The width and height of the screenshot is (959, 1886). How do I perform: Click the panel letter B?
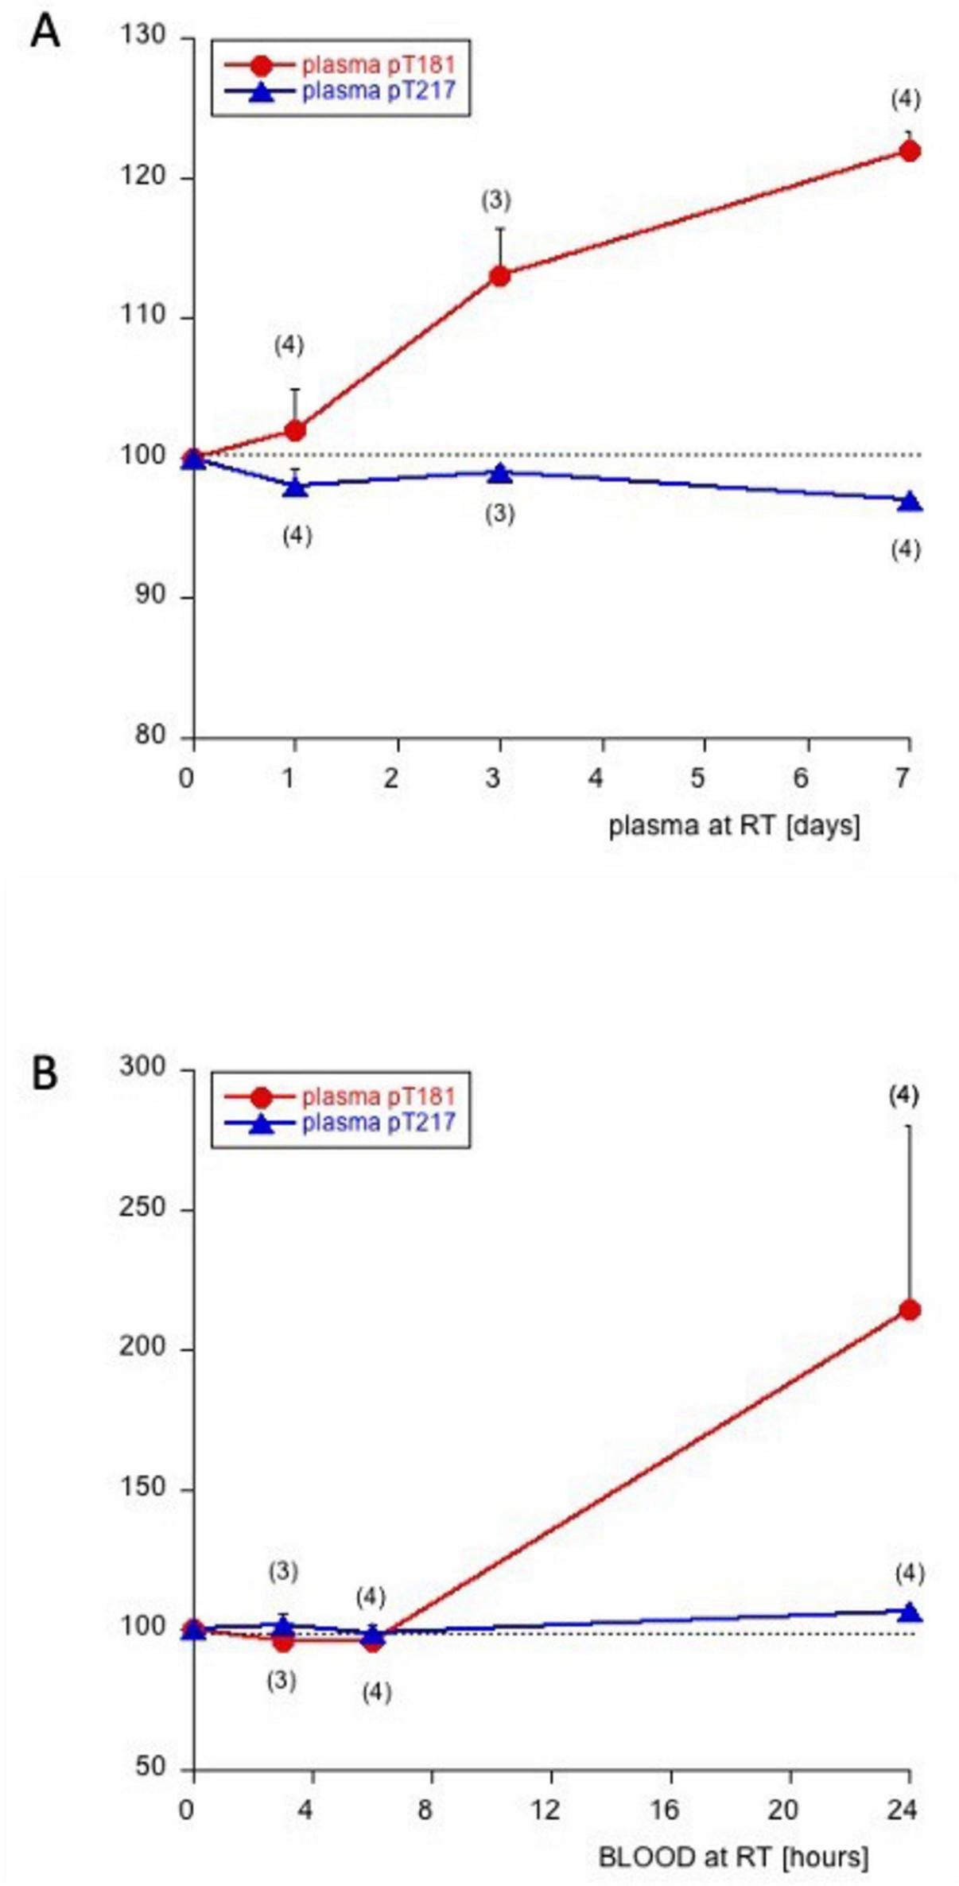click(45, 1073)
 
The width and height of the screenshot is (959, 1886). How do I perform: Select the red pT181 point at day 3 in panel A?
click(499, 276)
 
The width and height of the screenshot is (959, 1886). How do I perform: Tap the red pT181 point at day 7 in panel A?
click(910, 150)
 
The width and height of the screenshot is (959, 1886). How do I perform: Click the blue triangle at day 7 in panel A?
click(910, 502)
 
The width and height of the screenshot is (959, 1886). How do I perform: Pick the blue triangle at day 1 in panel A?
click(295, 487)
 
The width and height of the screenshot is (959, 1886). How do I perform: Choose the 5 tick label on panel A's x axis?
click(697, 778)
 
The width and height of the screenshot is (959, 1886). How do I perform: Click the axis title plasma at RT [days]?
click(734, 826)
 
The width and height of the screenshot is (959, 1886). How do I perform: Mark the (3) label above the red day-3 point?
click(496, 200)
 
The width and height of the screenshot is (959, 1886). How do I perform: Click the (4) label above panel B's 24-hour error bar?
click(903, 1096)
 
